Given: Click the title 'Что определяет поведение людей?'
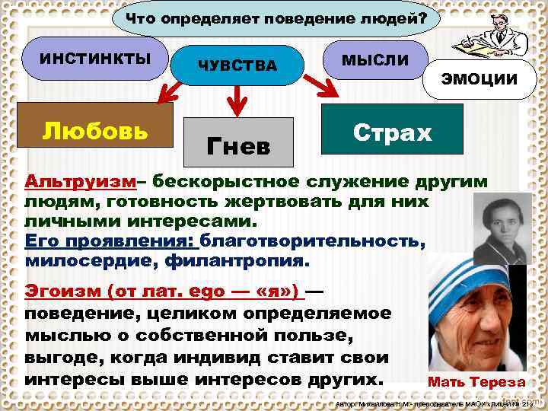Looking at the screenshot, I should coord(276,18).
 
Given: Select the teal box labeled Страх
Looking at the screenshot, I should coord(392,132).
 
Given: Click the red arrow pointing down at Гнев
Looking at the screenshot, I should coord(239,97).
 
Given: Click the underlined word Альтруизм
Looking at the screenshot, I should coord(81,183).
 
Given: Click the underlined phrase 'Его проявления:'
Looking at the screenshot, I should coord(110,242).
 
